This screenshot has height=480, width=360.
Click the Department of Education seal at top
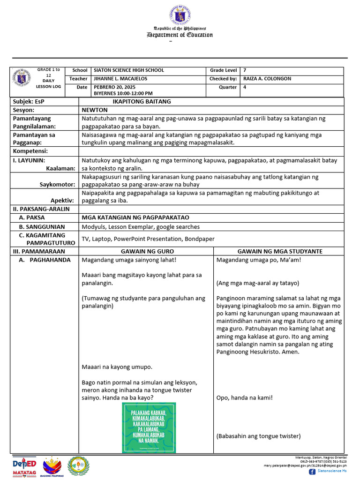tap(180, 14)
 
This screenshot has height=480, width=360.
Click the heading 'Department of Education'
tap(180, 35)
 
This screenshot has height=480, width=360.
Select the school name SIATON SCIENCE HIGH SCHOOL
tap(129, 70)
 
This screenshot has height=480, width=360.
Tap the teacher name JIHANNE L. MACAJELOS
tap(120, 79)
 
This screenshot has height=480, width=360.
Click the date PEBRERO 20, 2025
tap(114, 87)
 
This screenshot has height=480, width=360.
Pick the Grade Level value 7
tap(245, 70)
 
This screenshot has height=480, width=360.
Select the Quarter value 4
tap(245, 87)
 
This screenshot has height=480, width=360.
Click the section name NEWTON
tap(95, 110)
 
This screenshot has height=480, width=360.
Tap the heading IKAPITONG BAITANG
tap(142, 101)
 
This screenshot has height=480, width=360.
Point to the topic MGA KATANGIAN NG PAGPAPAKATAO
tap(135, 217)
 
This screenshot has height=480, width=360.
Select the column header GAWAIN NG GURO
tap(147, 251)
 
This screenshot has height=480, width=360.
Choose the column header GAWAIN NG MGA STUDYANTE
tap(280, 251)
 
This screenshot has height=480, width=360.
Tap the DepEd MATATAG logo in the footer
tap(24, 466)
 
